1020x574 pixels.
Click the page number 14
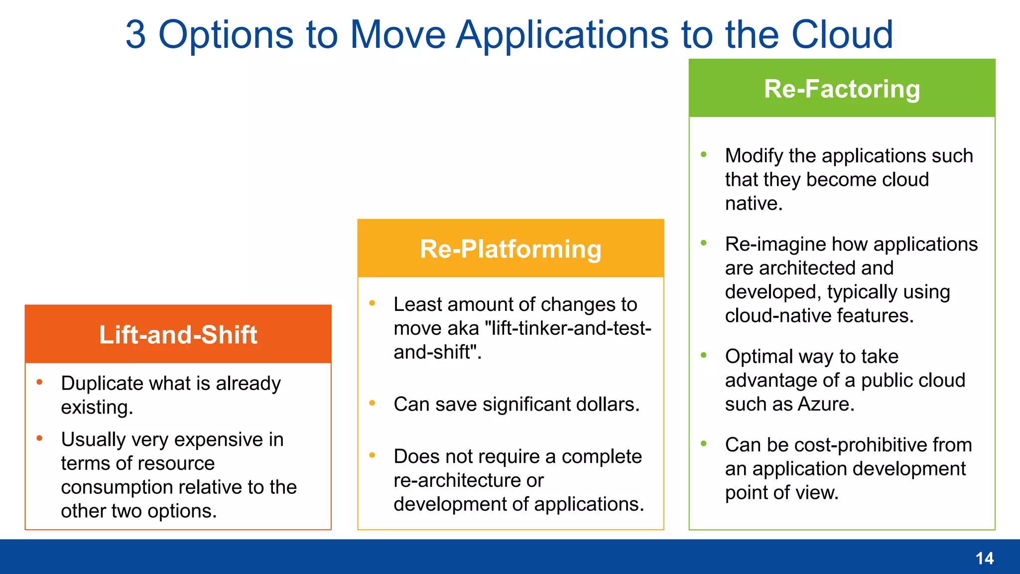tap(984, 558)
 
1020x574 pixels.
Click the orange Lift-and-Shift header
tap(178, 334)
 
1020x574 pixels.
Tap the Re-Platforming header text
tap(510, 249)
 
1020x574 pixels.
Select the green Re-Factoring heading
tap(842, 89)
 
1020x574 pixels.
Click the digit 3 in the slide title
tap(135, 34)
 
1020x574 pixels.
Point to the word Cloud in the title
tap(842, 34)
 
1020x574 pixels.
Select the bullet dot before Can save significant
tap(372, 403)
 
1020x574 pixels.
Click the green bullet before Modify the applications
tap(704, 154)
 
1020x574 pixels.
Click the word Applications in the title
tap(563, 34)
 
